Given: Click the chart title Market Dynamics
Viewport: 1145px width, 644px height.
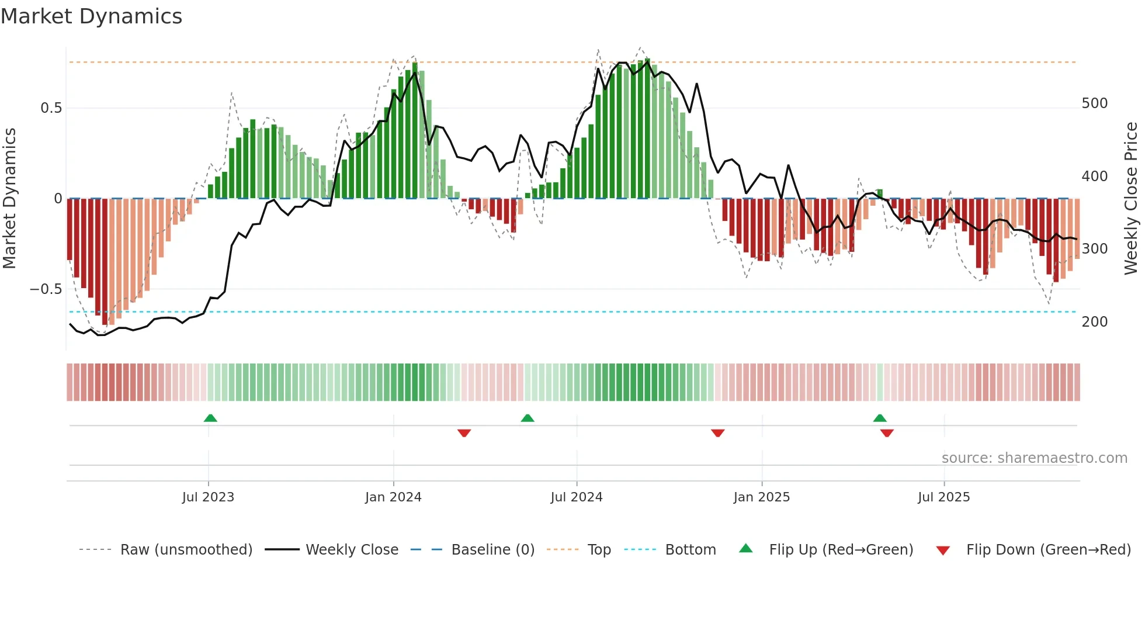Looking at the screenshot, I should pyautogui.click(x=92, y=16).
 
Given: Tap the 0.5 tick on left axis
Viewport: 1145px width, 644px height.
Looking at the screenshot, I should pyautogui.click(x=51, y=108).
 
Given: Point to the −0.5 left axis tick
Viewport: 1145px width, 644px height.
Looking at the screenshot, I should pyautogui.click(x=46, y=289).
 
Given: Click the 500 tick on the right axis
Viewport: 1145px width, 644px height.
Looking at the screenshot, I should pyautogui.click(x=1094, y=103).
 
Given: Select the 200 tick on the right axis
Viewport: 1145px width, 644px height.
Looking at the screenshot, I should pyautogui.click(x=1094, y=322).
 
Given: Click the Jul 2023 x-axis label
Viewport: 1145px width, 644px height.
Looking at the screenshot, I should pyautogui.click(x=208, y=497).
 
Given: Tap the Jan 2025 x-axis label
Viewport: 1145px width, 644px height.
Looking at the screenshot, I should pyautogui.click(x=761, y=497).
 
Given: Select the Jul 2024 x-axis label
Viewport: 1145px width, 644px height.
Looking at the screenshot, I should pyautogui.click(x=576, y=497).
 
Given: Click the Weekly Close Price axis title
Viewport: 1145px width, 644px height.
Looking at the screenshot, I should pyautogui.click(x=1131, y=198).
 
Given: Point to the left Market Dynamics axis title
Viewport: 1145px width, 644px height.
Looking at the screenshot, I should pyautogui.click(x=9, y=198).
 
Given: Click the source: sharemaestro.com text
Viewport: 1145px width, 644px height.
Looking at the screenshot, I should pyautogui.click(x=1034, y=458).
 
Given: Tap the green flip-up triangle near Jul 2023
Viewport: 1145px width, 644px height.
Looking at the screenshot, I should pyautogui.click(x=210, y=418).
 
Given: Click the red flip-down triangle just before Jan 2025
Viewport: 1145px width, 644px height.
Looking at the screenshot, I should pyautogui.click(x=718, y=433).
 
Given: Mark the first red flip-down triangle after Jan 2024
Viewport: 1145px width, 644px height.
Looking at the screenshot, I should pyautogui.click(x=464, y=433).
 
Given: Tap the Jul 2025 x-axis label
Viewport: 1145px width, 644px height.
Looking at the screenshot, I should pyautogui.click(x=943, y=497).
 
